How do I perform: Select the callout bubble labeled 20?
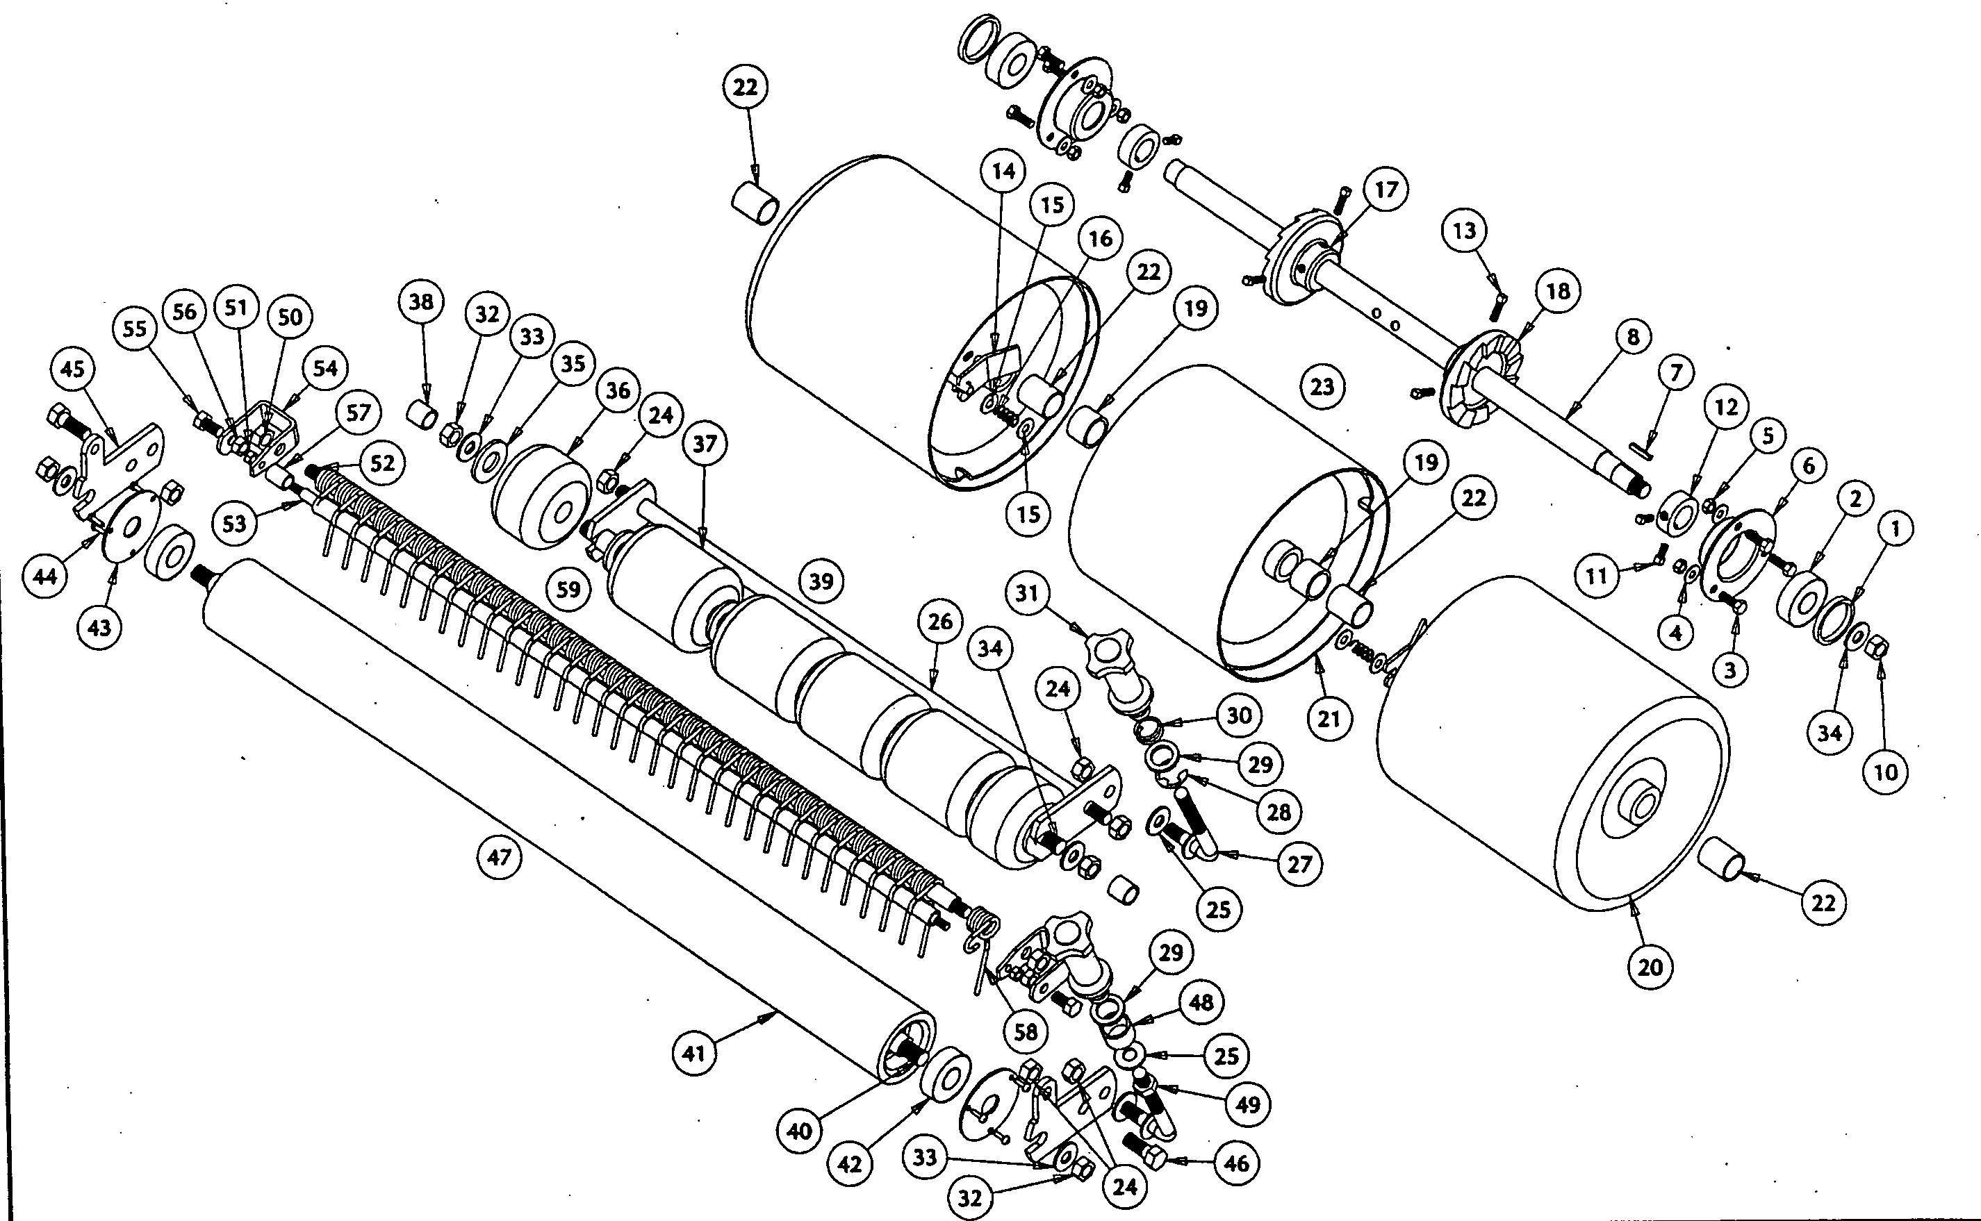(1650, 966)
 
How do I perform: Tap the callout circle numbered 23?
(1322, 386)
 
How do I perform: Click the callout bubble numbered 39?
(821, 581)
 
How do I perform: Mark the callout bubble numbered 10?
(1885, 772)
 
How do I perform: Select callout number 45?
(72, 368)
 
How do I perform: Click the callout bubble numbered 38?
(421, 302)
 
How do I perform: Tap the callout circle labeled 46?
(1236, 1163)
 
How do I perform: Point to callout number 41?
(694, 1053)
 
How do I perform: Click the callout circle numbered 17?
(1386, 190)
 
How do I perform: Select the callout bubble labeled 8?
(1633, 336)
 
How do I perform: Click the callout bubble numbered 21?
(1329, 718)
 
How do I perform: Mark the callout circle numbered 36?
(617, 391)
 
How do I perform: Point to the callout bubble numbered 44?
(44, 576)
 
